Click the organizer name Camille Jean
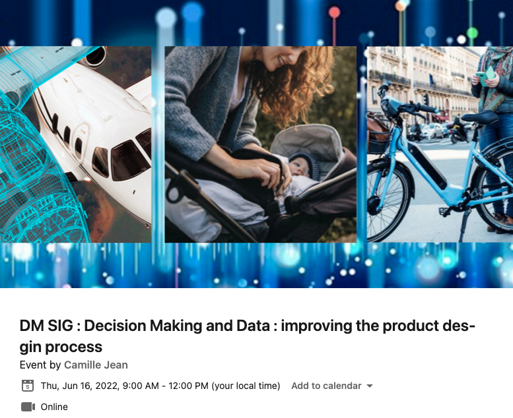coord(96,365)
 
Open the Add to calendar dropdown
coord(332,386)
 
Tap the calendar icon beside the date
coord(28,386)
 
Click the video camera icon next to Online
coord(28,407)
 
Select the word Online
coord(54,407)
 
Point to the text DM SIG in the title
coord(46,326)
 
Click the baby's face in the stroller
coord(300,167)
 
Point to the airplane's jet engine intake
coord(96,56)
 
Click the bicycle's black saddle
coord(479,117)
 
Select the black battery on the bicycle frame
coord(427,165)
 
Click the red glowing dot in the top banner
coord(334,13)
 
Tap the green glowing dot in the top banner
coord(472,33)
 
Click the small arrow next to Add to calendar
coord(370,386)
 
